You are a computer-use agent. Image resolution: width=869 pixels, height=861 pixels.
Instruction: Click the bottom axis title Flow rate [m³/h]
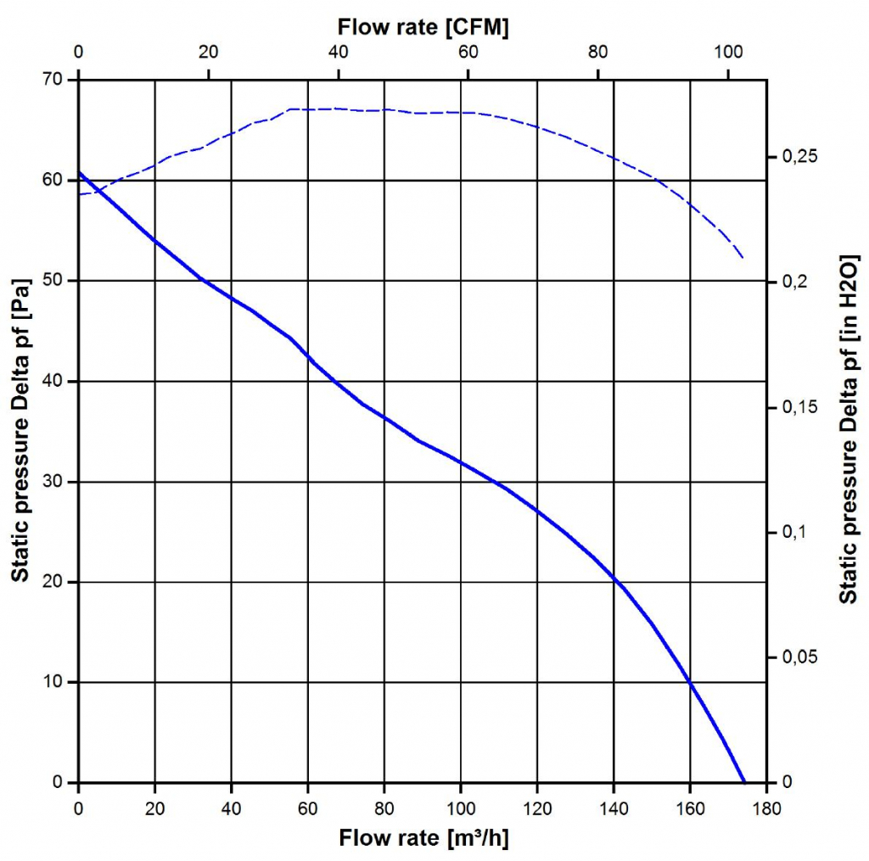pyautogui.click(x=423, y=838)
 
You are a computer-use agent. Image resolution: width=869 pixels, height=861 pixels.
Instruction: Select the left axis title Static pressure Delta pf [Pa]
pyautogui.click(x=20, y=431)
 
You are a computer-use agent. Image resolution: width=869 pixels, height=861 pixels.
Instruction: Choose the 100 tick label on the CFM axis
pyautogui.click(x=728, y=52)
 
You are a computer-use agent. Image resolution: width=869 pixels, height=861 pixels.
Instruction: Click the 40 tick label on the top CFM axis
pyautogui.click(x=339, y=52)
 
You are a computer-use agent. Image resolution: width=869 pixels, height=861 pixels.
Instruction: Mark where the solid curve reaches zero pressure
pyautogui.click(x=744, y=781)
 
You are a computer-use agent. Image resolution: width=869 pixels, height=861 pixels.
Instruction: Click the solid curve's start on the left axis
pyautogui.click(x=79, y=173)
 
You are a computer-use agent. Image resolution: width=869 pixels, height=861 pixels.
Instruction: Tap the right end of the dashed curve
pyautogui.click(x=743, y=257)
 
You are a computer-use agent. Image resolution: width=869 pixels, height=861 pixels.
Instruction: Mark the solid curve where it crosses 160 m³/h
pyautogui.click(x=690, y=682)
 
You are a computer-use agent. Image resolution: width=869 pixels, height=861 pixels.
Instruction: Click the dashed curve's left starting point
pyautogui.click(x=79, y=194)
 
